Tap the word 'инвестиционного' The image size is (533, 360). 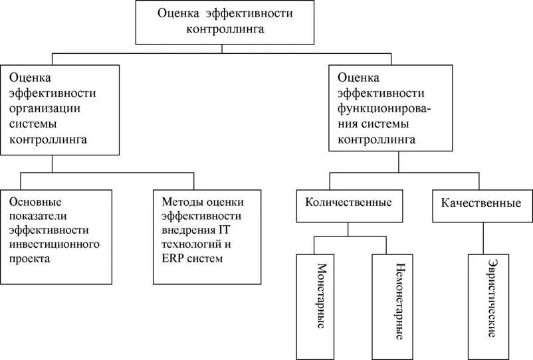pyautogui.click(x=54, y=244)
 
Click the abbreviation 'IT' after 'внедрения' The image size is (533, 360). pyautogui.click(x=224, y=230)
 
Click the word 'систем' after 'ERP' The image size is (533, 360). pyautogui.click(x=203, y=258)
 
